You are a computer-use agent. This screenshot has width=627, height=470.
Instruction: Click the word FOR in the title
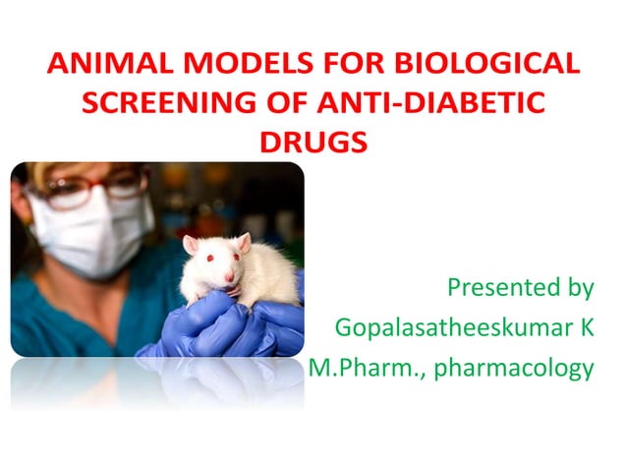pos(352,65)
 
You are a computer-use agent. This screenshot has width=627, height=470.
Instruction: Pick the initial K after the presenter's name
pos(587,327)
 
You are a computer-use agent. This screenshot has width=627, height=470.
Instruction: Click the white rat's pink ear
pos(191,244)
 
